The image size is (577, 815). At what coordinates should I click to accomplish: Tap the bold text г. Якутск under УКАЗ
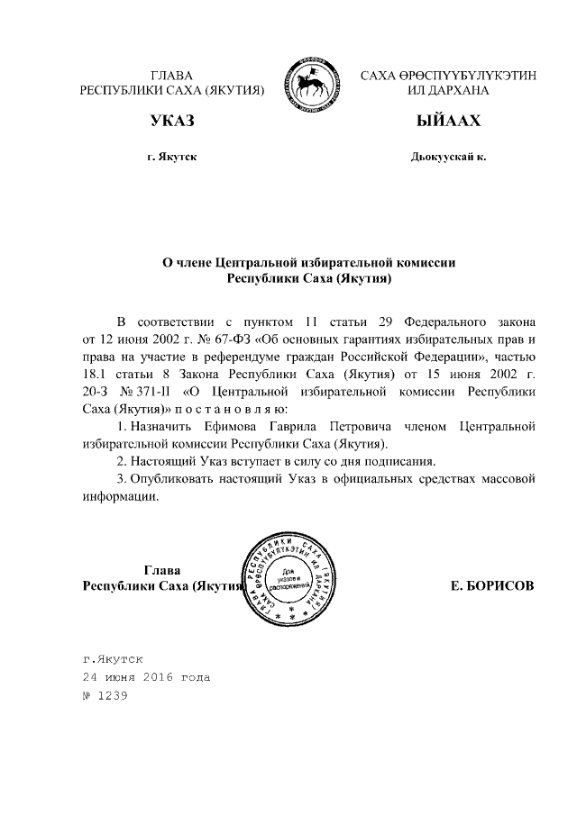172,157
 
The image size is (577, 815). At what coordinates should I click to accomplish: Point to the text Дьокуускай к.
448,157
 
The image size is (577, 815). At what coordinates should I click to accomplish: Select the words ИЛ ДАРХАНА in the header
448,91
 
